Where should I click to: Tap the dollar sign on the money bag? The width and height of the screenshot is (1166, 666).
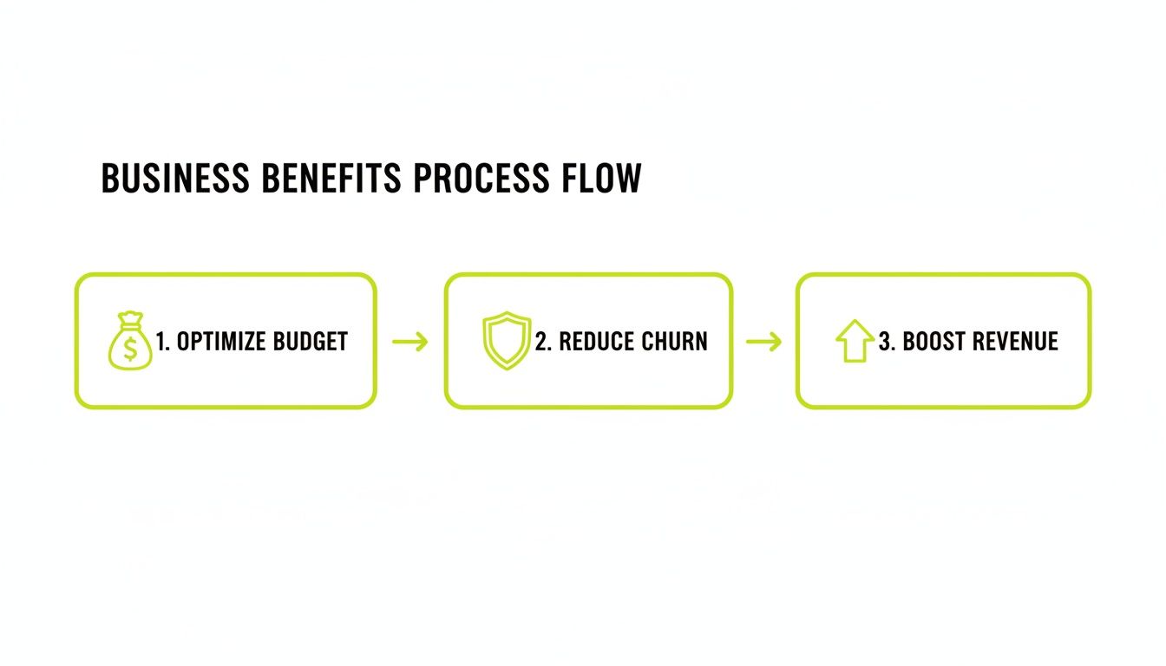tap(130, 349)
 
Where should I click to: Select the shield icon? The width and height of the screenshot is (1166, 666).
tap(506, 341)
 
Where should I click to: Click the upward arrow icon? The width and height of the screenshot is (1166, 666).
tap(855, 341)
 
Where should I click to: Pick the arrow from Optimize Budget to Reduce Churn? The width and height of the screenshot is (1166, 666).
tap(410, 342)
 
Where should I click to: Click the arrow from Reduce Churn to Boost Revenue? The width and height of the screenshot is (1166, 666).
tap(763, 342)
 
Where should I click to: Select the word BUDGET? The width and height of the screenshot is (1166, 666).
tap(311, 342)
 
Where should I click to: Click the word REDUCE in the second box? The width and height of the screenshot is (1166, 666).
tap(595, 342)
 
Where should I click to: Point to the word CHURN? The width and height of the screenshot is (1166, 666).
tap(674, 342)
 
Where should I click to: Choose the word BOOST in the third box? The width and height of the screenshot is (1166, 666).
tap(935, 342)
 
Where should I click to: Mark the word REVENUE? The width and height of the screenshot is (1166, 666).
tap(1017, 342)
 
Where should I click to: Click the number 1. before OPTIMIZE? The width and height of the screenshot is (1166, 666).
tap(162, 342)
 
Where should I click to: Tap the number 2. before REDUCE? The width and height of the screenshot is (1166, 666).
tap(543, 342)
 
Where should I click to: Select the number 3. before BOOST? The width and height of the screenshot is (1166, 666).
tap(887, 342)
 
